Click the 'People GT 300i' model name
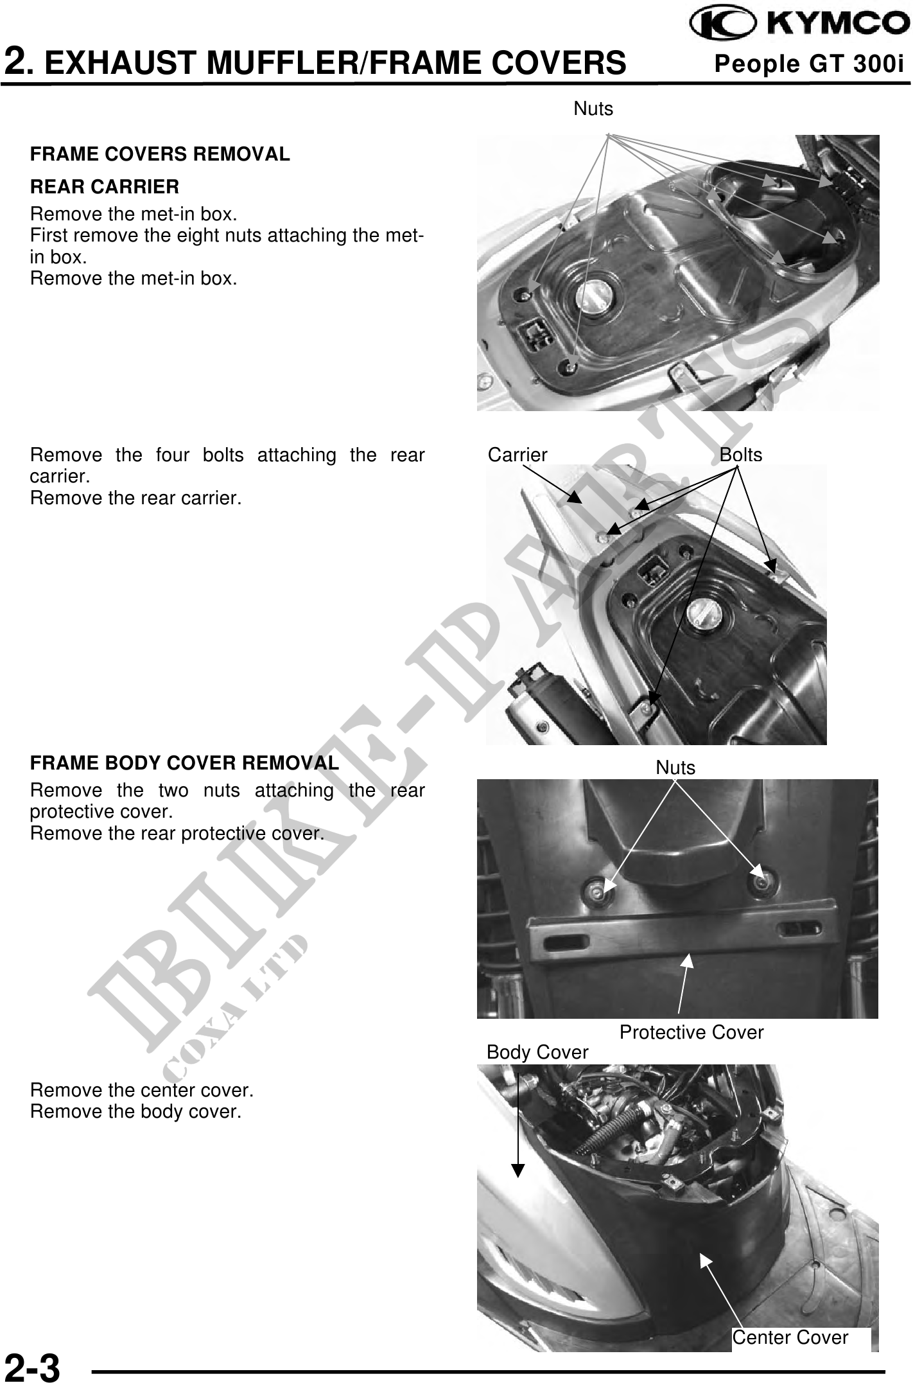(809, 64)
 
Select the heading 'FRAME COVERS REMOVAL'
(160, 154)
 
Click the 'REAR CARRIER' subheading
(105, 187)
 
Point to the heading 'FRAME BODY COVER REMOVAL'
(184, 763)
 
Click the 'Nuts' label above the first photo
(593, 109)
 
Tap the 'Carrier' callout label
(517, 455)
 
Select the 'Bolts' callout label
(740, 455)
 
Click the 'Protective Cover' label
(691, 1032)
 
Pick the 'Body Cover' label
(537, 1052)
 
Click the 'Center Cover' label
(790, 1337)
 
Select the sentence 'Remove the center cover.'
(142, 1090)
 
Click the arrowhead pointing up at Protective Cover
(688, 962)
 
